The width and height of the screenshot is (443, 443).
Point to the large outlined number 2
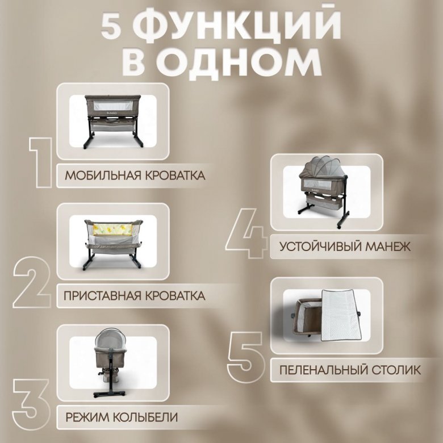[32, 282]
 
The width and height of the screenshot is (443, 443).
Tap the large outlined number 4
[246, 233]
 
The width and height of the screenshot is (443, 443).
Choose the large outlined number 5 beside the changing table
[246, 357]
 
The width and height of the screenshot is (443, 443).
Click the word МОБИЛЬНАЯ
[103, 175]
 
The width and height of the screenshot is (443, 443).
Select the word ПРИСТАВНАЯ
[102, 296]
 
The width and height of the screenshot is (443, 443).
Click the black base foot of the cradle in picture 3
[110, 394]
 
